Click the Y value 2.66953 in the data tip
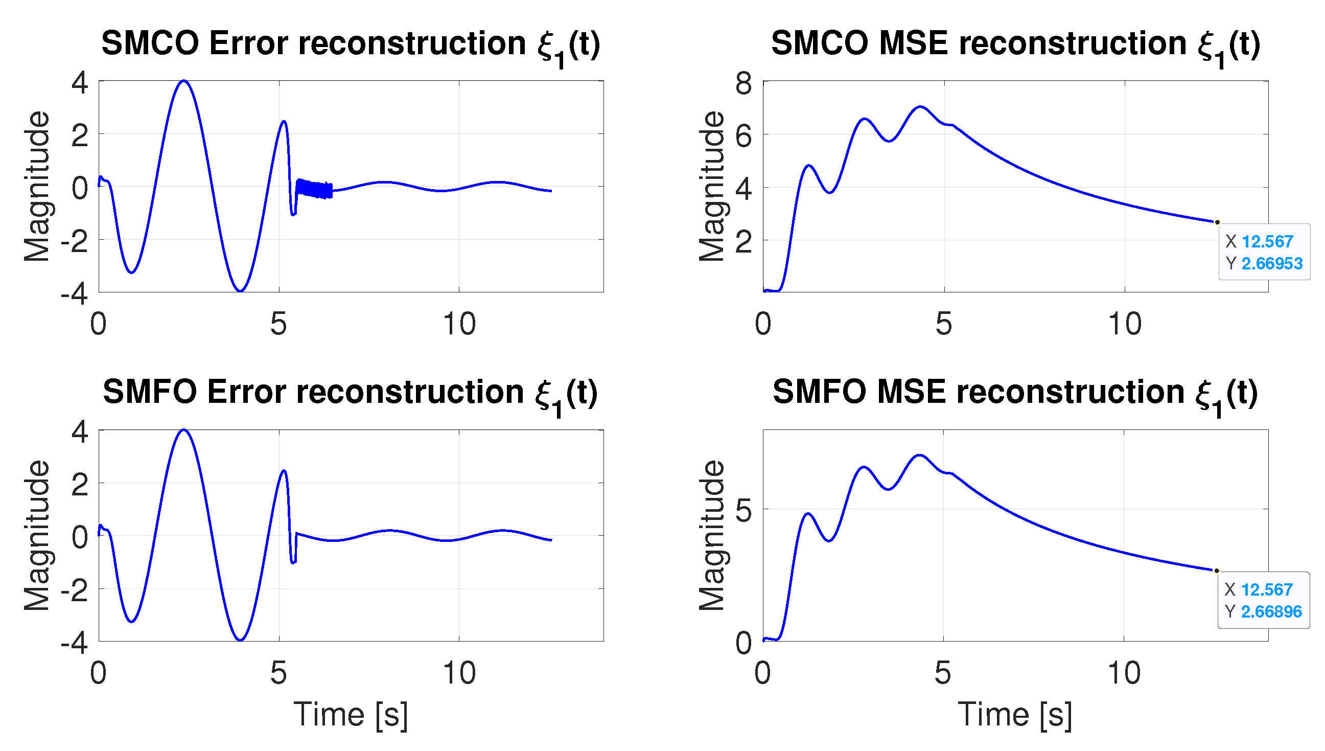click(1271, 264)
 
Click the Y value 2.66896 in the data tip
click(1271, 612)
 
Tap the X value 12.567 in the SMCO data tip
click(1267, 241)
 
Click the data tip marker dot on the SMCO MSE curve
click(1217, 222)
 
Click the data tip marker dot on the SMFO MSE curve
click(1216, 571)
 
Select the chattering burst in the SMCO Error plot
click(314, 189)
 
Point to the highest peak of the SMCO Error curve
click(184, 81)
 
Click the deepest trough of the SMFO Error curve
click(240, 640)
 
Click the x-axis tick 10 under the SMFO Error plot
click(459, 673)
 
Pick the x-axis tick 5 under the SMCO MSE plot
click(943, 324)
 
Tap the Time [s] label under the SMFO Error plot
click(351, 715)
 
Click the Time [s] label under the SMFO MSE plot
click(1015, 715)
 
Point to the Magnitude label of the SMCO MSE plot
click(712, 186)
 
